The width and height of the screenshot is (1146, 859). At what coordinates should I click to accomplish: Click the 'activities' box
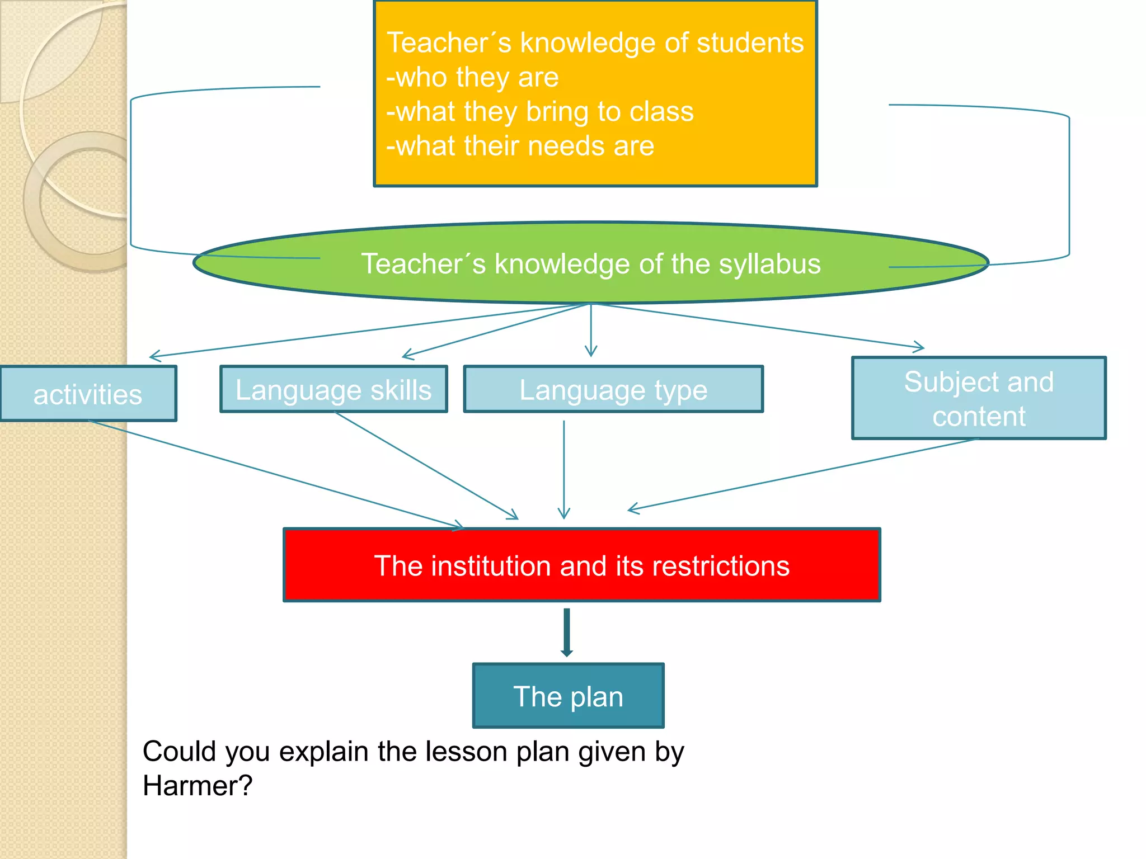88,394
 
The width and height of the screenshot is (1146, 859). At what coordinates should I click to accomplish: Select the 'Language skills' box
334,389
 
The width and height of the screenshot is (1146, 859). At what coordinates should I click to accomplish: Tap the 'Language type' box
613,389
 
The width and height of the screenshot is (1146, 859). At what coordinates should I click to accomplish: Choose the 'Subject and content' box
979,398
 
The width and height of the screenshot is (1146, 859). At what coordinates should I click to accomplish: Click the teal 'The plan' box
568,696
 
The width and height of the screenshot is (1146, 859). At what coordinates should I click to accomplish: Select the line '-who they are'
473,77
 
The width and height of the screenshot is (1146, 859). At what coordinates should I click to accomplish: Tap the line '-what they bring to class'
540,111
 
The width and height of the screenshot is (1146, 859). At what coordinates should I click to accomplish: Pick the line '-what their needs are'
520,146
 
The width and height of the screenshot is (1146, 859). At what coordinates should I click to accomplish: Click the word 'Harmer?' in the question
198,786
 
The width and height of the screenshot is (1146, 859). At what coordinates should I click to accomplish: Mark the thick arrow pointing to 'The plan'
567,633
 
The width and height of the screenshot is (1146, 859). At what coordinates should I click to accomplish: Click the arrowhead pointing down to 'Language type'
591,351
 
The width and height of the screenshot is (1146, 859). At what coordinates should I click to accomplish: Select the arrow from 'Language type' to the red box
564,470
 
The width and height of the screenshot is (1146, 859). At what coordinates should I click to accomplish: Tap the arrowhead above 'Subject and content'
918,347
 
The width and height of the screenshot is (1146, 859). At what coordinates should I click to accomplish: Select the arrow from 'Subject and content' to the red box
800,474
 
